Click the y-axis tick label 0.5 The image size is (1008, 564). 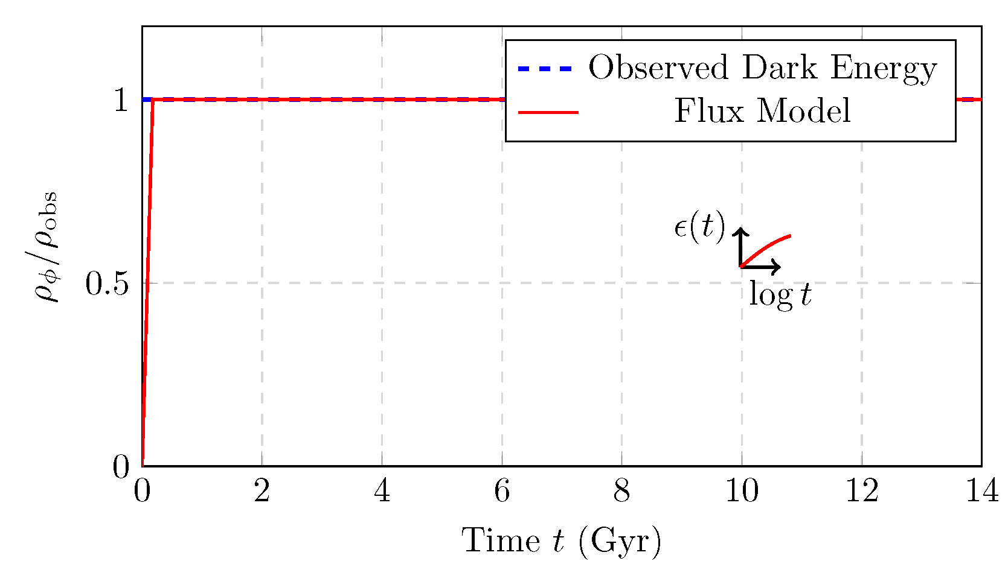[107, 284]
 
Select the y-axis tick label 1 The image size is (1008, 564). [121, 100]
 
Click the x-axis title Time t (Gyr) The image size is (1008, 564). [562, 540]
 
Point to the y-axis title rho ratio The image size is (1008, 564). [47, 246]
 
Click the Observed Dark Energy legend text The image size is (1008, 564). [762, 68]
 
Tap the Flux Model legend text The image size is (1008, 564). [762, 111]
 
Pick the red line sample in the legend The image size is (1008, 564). [548, 112]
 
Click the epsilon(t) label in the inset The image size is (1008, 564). [699, 227]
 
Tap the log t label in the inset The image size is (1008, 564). [780, 295]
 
